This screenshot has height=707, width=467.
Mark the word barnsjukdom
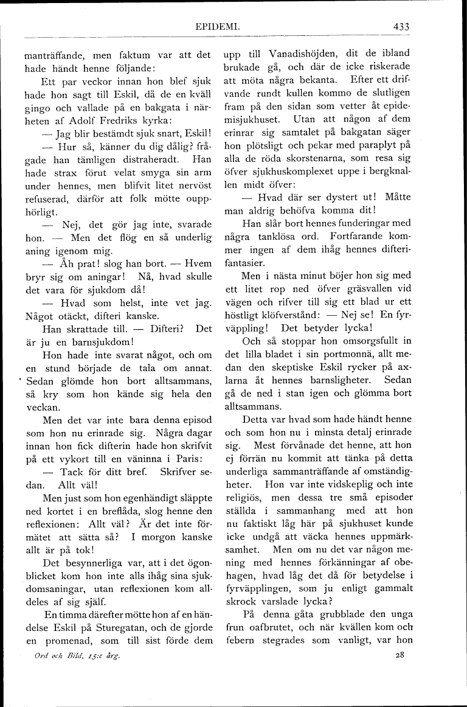[86, 341]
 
